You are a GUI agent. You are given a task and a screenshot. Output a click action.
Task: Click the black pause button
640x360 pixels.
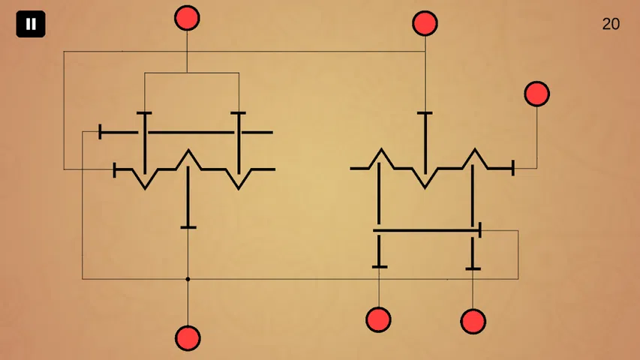[31, 24]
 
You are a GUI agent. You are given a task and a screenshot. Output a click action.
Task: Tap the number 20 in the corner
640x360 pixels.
[611, 24]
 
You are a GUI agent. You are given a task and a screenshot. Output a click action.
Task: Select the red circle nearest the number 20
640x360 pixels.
[536, 94]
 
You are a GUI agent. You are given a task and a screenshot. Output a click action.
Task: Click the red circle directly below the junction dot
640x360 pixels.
[188, 338]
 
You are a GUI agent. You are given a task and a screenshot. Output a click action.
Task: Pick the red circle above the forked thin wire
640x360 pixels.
[187, 18]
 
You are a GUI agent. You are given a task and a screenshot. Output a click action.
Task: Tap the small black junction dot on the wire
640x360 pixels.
[188, 279]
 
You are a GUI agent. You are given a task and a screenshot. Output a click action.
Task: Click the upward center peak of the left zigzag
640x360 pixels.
[188, 151]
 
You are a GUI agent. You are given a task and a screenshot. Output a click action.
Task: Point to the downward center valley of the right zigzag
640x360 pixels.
[425, 187]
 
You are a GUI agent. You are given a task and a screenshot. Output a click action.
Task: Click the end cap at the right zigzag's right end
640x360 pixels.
[513, 168]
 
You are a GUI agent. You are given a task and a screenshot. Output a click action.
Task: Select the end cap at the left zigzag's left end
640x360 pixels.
[115, 169]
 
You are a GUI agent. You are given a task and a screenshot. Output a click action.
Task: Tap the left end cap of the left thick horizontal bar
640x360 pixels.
[100, 132]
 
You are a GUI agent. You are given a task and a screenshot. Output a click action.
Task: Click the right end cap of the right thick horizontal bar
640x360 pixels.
[480, 230]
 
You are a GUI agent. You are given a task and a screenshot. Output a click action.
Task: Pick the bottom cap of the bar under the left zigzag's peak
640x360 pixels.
[188, 227]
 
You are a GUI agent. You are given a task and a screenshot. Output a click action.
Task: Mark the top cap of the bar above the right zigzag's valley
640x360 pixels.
[425, 113]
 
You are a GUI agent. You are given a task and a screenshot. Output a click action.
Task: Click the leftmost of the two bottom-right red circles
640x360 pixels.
[378, 319]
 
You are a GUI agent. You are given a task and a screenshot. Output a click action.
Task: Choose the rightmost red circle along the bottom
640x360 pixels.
[473, 322]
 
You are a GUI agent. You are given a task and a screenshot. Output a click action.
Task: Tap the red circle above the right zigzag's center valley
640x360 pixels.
[425, 24]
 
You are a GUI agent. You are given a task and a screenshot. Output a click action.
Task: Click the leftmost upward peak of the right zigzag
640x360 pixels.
[382, 150]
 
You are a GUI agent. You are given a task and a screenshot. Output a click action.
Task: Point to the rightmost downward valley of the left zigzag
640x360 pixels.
[239, 187]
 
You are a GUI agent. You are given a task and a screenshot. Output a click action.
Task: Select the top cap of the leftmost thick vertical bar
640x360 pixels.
[144, 113]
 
